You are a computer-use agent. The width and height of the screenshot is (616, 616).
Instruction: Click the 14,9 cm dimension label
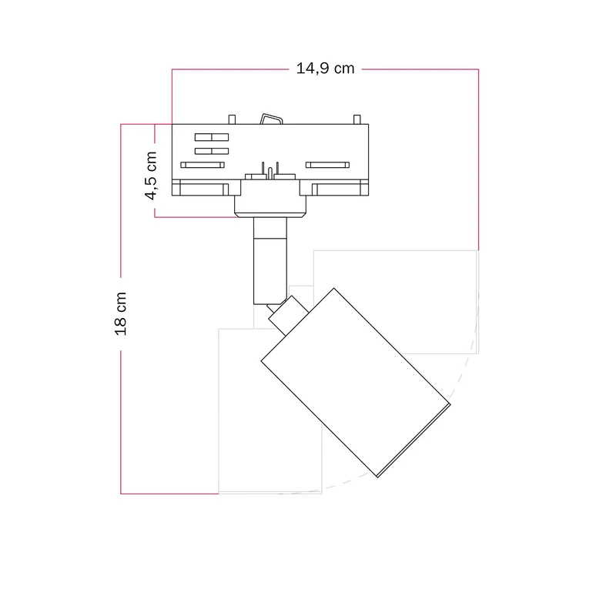[x=325, y=69]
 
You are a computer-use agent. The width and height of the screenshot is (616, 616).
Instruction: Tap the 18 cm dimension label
[x=121, y=313]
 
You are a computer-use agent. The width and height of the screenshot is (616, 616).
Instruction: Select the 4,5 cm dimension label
[x=151, y=176]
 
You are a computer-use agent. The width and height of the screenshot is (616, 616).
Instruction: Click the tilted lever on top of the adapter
[x=272, y=119]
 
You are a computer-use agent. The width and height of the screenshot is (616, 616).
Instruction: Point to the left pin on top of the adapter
[x=233, y=119]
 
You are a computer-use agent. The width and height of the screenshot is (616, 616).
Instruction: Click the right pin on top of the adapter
[x=357, y=119]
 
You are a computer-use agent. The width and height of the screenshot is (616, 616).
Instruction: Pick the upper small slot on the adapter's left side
[x=212, y=137]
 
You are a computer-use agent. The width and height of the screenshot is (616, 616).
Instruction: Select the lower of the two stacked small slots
[x=212, y=151]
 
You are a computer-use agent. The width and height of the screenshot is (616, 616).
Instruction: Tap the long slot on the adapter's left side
[x=203, y=165]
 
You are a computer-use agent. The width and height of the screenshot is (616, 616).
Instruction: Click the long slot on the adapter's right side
[x=328, y=165]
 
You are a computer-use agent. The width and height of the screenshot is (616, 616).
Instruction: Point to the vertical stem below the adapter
[x=270, y=261]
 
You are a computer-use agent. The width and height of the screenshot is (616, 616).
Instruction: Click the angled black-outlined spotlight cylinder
[x=356, y=383]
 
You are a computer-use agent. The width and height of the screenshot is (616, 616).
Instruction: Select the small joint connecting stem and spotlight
[x=288, y=316]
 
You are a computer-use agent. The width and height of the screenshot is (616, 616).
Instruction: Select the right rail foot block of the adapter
[x=334, y=188]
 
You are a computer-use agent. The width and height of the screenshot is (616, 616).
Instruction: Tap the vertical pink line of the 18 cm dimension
[x=121, y=309]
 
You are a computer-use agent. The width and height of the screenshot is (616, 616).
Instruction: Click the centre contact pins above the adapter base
[x=270, y=171]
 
